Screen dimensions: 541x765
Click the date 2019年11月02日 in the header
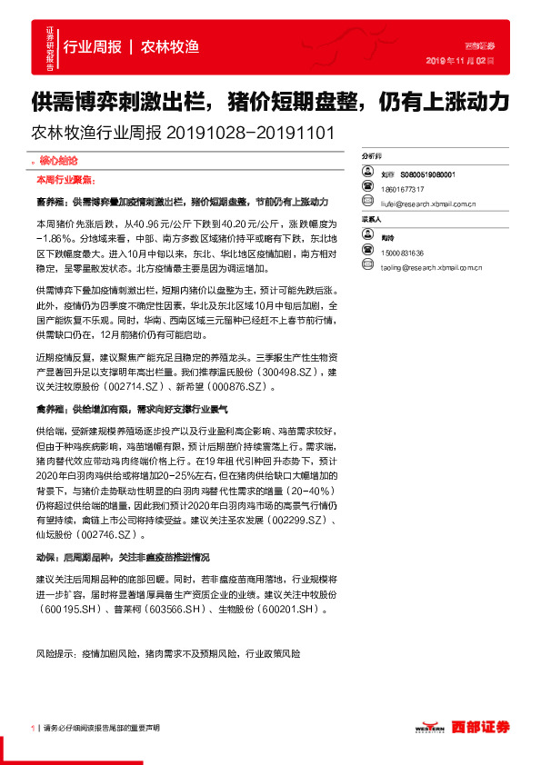coord(459,61)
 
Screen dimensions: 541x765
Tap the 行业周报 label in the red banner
coord(93,46)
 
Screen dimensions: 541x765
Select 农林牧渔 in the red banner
coord(170,46)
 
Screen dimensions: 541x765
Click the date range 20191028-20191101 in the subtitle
coord(251,133)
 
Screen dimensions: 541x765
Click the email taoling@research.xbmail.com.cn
coord(431,267)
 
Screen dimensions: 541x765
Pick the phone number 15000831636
coord(404,252)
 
